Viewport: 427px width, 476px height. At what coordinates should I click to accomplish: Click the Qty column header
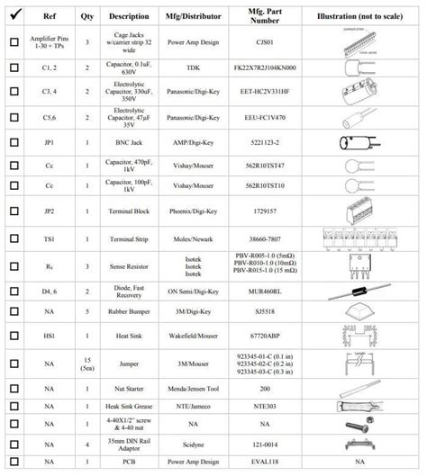pyautogui.click(x=86, y=16)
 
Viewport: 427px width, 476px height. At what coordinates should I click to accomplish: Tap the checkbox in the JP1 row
pyautogui.click(x=14, y=142)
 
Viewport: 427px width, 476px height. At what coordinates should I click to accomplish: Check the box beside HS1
pyautogui.click(x=14, y=334)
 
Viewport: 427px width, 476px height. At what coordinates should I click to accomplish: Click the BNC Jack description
pyautogui.click(x=130, y=142)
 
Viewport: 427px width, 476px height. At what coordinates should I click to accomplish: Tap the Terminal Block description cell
pyautogui.click(x=130, y=214)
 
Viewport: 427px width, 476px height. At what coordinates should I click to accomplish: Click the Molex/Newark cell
pyautogui.click(x=193, y=238)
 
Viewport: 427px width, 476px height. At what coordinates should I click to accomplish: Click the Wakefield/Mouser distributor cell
pyautogui.click(x=193, y=334)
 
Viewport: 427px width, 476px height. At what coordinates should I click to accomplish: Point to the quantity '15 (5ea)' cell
pyautogui.click(x=86, y=363)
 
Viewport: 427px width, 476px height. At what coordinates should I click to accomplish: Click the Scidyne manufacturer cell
pyautogui.click(x=193, y=445)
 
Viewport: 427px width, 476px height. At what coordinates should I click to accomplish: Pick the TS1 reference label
pyautogui.click(x=49, y=238)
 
